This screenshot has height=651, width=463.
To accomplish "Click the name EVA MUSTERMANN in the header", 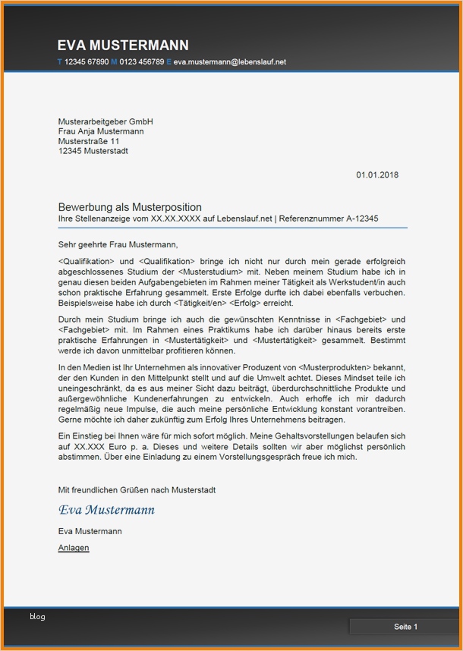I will point(123,46).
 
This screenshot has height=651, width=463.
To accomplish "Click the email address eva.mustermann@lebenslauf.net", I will point(229,61).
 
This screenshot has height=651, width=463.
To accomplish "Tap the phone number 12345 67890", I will point(86,61).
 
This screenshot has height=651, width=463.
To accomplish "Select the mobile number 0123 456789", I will point(142,61).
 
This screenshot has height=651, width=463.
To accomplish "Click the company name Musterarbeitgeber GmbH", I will point(106,121).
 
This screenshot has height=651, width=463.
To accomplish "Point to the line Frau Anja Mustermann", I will point(101,131).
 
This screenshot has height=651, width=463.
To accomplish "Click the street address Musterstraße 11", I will point(88,141).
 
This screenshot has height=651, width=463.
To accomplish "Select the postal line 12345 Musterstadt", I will point(93,151).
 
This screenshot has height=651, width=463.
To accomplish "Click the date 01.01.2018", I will point(377,175).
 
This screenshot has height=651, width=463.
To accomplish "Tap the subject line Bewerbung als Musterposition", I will point(130,207).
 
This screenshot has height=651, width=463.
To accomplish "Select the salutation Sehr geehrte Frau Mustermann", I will point(118,244).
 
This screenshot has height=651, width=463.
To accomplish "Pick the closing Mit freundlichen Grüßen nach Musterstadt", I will point(136,490).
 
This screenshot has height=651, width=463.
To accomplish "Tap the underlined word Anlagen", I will point(74,548).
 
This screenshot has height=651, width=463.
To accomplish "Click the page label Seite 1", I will point(405,627).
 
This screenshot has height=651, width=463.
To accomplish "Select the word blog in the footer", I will point(37,617).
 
